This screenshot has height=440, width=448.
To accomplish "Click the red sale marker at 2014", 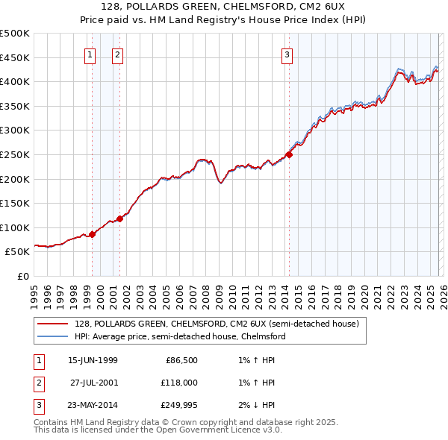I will click(289, 155).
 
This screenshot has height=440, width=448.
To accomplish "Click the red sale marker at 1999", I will click(93, 234).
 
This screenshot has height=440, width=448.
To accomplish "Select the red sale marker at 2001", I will click(120, 219).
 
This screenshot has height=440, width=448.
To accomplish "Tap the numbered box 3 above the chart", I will click(287, 54).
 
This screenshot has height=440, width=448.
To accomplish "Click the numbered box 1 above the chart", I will click(90, 54).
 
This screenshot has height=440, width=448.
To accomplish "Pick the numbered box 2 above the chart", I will click(118, 54).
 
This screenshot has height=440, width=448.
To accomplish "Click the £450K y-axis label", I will click(15, 57).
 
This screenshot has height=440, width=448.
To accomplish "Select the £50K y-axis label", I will click(18, 252).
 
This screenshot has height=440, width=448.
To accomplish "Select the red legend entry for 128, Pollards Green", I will click(217, 324).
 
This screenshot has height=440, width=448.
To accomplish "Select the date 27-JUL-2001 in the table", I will click(94, 383).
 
